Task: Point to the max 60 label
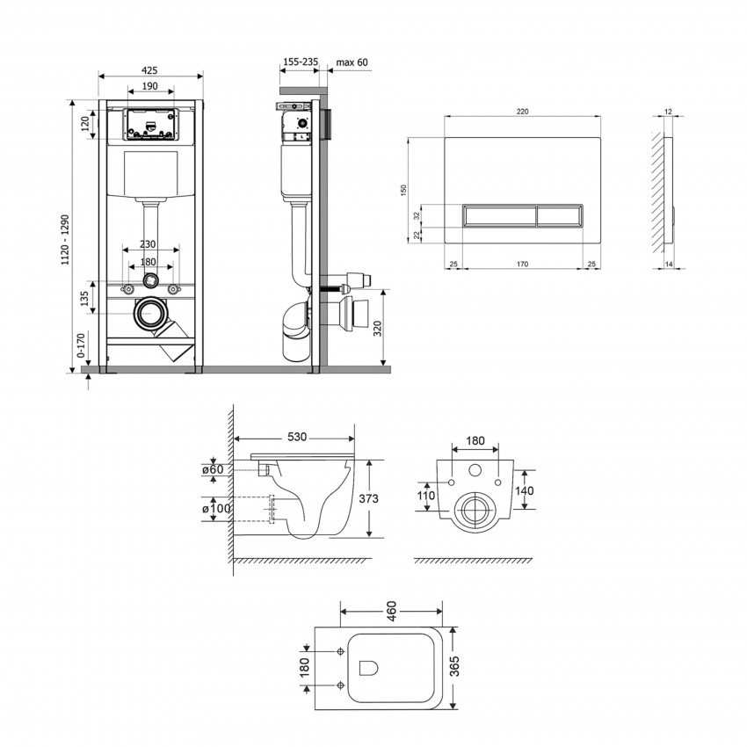point(352,62)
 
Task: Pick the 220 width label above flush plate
point(522,112)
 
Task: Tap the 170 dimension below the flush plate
point(522,263)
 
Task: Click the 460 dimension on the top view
point(391,608)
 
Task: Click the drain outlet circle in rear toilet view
point(475,509)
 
